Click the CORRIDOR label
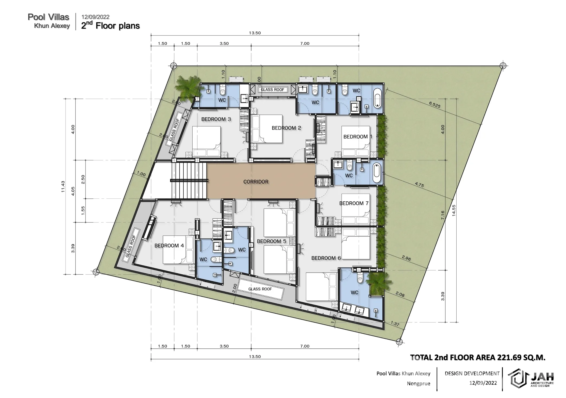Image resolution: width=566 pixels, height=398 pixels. [256, 182]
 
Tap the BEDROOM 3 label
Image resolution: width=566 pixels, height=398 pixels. [216, 119]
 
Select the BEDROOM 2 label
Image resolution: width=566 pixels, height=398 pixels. [286, 128]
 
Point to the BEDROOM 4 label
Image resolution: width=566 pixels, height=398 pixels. [169, 246]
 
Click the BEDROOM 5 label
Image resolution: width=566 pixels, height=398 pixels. [271, 241]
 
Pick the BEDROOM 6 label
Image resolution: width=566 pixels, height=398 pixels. [326, 258]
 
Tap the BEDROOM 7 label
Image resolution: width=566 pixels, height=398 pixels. [354, 203]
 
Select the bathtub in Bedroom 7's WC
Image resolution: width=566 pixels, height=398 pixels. [376, 173]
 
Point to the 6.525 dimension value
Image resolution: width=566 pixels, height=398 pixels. [435, 105]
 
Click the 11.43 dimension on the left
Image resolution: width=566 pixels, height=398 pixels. [63, 187]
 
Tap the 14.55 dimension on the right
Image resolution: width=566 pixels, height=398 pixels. [454, 210]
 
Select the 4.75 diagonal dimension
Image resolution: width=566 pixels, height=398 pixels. [419, 185]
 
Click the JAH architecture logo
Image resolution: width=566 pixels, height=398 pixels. [530, 379]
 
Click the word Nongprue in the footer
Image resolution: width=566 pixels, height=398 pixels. [418, 384]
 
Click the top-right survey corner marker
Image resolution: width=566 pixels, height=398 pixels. [503, 65]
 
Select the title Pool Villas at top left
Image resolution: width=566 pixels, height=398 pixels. [48, 17]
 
